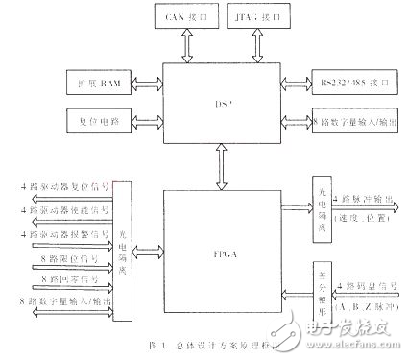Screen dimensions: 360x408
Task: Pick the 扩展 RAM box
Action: point(99,81)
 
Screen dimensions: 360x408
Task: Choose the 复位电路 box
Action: point(99,120)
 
